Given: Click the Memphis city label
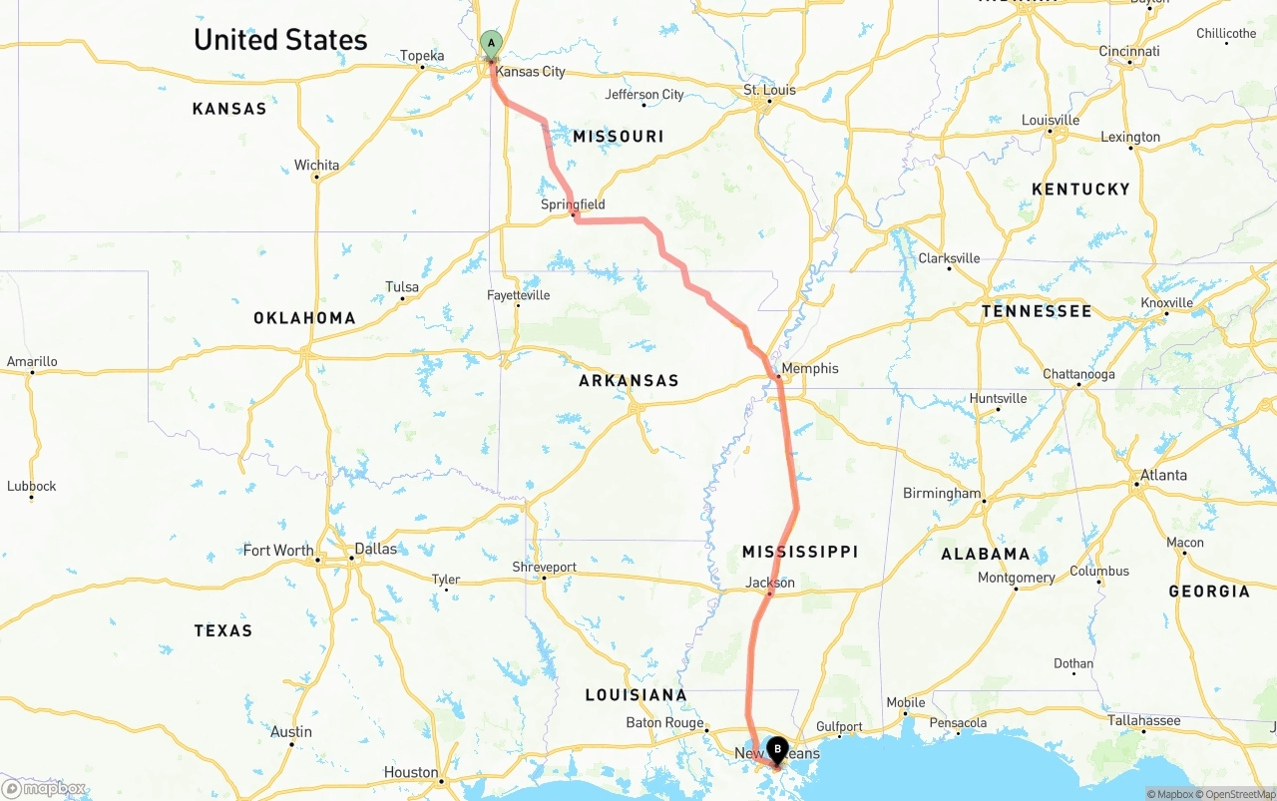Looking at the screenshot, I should pos(809,368).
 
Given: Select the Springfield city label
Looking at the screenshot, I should pos(573,204).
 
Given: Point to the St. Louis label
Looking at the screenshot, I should pos(769,90).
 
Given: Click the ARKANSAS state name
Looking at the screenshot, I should pos(629,381).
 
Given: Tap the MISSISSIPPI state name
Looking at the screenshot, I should pos(800,552).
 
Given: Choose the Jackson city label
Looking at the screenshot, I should pos(770,583).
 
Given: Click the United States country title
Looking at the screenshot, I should pos(280,40).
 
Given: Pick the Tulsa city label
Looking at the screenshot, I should pos(402,287).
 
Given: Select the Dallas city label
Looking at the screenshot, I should pos(376,549).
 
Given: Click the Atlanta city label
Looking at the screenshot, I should pos(1164,475).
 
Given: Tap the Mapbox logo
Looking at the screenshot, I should pos(45,789).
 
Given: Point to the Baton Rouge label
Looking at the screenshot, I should pos(664,722).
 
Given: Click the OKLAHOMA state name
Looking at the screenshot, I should pos(304,318).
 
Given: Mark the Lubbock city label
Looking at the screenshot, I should pos(32,487).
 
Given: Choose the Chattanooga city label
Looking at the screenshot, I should pos(1078,374).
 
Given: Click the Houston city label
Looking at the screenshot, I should pos(411,772).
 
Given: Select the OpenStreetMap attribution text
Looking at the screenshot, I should pos(1236,794).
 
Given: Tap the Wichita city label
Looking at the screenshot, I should pos(316,166).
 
